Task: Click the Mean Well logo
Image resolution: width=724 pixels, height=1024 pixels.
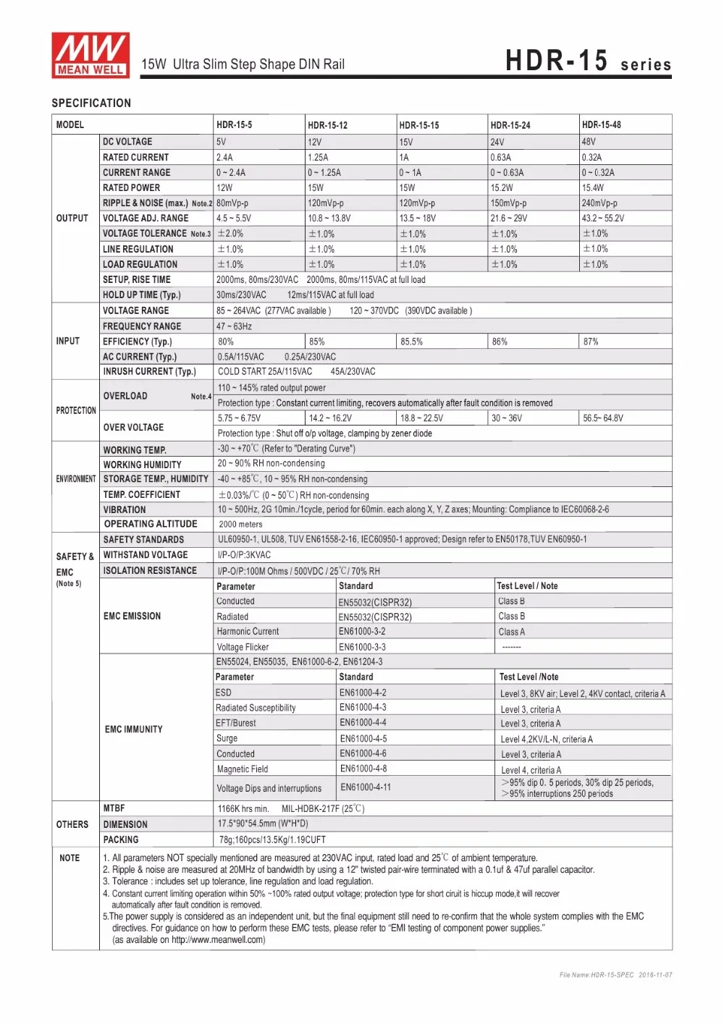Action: pyautogui.click(x=90, y=55)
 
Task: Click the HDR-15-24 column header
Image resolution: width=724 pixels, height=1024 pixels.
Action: pyautogui.click(x=510, y=125)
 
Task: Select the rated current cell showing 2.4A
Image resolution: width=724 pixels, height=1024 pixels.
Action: pyautogui.click(x=224, y=158)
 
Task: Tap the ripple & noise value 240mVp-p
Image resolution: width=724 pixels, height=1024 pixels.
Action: pyautogui.click(x=599, y=203)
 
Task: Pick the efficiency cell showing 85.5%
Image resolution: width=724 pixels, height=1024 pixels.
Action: pyautogui.click(x=411, y=342)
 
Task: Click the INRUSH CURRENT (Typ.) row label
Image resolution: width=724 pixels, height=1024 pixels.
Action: pyautogui.click(x=149, y=372)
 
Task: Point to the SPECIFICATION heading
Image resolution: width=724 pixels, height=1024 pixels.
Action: pyautogui.click(x=91, y=103)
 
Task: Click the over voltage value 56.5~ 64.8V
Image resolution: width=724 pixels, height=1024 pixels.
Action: pyautogui.click(x=603, y=418)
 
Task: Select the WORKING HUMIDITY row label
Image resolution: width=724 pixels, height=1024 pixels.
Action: pyautogui.click(x=142, y=465)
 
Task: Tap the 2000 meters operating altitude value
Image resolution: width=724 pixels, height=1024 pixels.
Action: pyautogui.click(x=240, y=525)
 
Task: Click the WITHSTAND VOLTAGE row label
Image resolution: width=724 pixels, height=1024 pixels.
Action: pyautogui.click(x=146, y=555)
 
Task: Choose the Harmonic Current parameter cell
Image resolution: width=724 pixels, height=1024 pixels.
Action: pyautogui.click(x=248, y=632)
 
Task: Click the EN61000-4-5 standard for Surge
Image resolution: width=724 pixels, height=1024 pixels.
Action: pyautogui.click(x=363, y=739)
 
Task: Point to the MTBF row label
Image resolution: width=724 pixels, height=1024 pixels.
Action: pyautogui.click(x=114, y=808)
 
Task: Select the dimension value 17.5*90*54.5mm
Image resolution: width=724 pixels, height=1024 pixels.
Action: pyautogui.click(x=263, y=824)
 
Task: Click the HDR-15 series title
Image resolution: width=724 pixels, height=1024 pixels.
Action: pyautogui.click(x=588, y=62)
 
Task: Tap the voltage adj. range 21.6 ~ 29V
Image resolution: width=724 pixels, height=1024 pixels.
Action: pyautogui.click(x=509, y=219)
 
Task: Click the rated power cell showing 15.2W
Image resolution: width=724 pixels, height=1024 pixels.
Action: pyautogui.click(x=502, y=188)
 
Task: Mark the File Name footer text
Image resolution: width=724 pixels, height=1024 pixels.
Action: pyautogui.click(x=615, y=975)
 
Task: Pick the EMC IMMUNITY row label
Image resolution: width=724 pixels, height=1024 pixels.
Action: pyautogui.click(x=134, y=729)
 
